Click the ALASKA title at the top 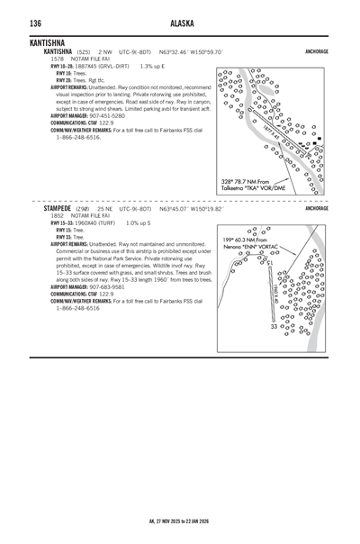[x=180, y=23]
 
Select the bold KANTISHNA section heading [x=47, y=42]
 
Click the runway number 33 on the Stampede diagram [x=274, y=327]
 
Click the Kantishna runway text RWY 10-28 [x=64, y=66]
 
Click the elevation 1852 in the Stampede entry [x=57, y=215]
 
